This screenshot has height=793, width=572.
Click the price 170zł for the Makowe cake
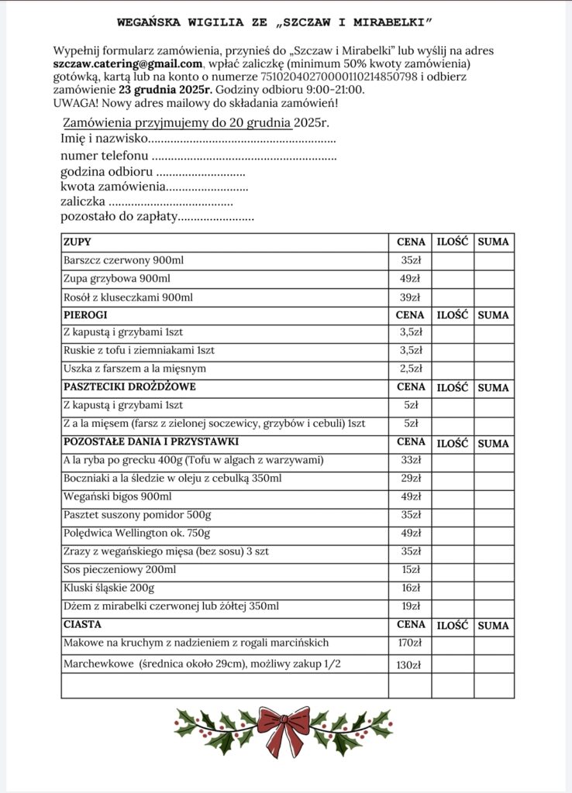coord(410,643)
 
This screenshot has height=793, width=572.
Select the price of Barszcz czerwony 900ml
coord(410,261)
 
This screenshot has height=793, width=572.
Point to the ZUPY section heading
coord(77,242)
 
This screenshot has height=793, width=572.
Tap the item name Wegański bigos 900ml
coord(117,496)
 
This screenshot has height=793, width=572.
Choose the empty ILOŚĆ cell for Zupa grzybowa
coord(453,279)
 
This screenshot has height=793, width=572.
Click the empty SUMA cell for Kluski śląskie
coord(494,589)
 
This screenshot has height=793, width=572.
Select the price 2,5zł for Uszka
coord(410,369)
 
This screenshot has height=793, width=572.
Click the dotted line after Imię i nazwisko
coord(241,140)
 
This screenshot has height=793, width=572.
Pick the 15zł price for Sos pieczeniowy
coord(410,570)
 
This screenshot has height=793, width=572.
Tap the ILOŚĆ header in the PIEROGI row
coord(453,315)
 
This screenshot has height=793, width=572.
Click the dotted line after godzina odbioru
coord(201,172)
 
